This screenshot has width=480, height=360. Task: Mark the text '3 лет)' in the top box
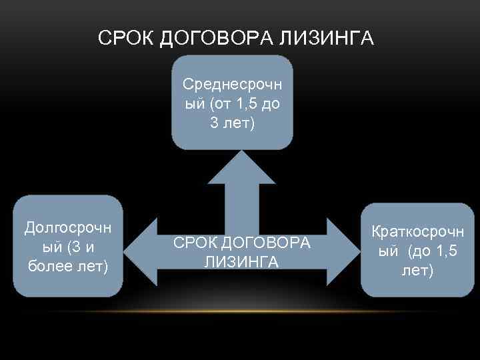232,123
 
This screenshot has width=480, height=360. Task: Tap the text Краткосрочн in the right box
417,233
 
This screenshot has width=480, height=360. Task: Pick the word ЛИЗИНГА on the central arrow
241,261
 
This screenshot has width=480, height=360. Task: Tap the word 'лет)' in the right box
417,271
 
